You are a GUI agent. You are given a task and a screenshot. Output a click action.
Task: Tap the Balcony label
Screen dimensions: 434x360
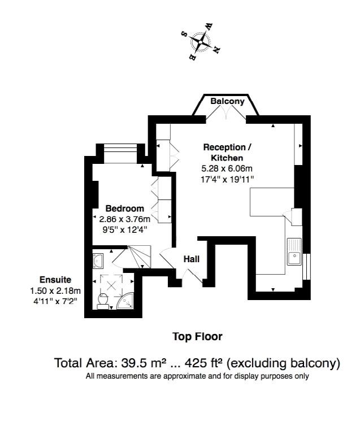(227, 102)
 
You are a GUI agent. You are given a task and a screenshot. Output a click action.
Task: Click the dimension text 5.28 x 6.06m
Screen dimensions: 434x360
(227, 168)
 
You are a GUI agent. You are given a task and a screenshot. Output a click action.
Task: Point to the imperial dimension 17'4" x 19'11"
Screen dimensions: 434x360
(227, 179)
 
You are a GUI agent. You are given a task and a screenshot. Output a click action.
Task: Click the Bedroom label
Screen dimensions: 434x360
(125, 209)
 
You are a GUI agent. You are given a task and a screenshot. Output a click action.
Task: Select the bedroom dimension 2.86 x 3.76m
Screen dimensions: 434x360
(125, 219)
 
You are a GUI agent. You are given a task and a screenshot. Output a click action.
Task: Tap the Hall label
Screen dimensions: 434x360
(191, 259)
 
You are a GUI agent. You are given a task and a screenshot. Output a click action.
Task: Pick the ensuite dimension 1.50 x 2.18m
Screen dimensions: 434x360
(55, 290)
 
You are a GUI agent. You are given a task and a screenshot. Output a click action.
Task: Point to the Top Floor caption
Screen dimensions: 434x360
(197, 337)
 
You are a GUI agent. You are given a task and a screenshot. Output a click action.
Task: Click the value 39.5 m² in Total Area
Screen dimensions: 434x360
(136, 363)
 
